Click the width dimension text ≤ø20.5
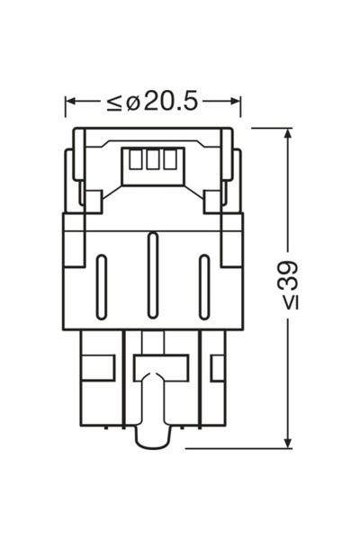[152, 101]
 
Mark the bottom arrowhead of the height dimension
[287, 441]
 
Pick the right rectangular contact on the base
[216, 367]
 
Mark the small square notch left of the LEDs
[91, 196]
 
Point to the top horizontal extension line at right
[270, 128]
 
